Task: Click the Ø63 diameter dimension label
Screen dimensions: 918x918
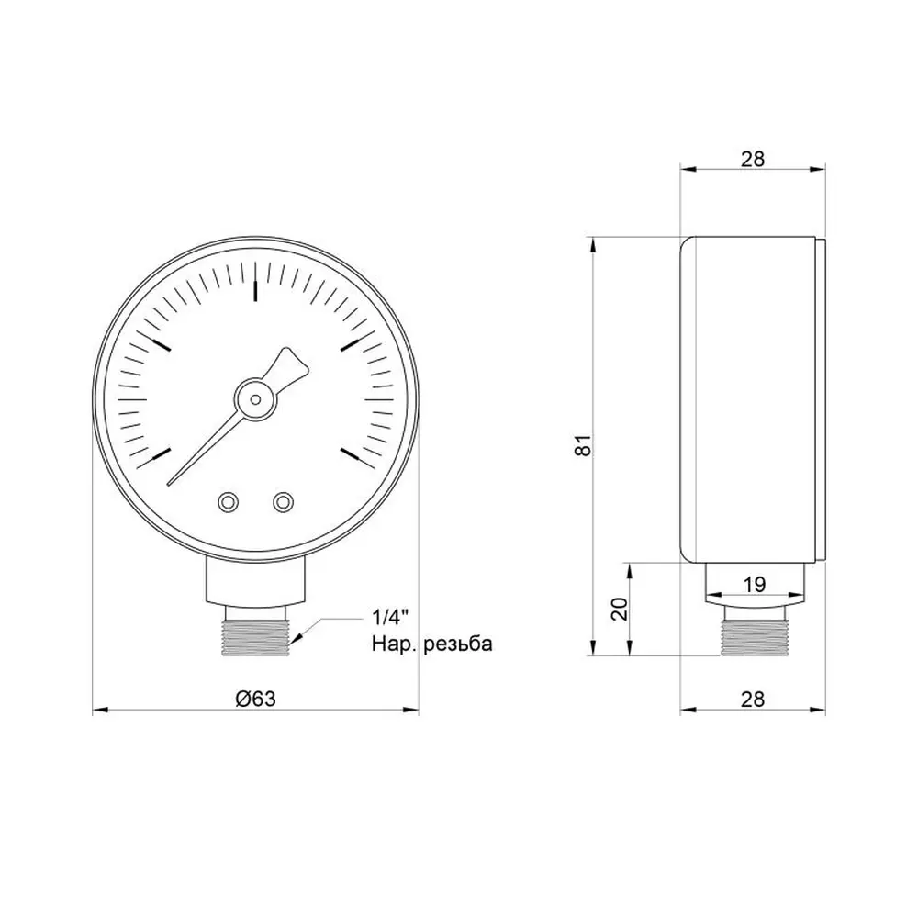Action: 255,698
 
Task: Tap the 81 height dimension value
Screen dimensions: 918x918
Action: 585,446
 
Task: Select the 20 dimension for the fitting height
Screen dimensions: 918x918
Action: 619,609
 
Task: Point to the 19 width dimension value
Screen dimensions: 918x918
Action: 755,584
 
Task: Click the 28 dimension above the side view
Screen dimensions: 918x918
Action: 753,159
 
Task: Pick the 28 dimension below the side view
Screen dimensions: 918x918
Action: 753,699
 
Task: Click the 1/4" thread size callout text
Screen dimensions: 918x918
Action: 390,617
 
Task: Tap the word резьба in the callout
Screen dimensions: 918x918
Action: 458,644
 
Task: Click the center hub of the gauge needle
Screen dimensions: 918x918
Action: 255,399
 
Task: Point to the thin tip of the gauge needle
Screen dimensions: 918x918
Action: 169,484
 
